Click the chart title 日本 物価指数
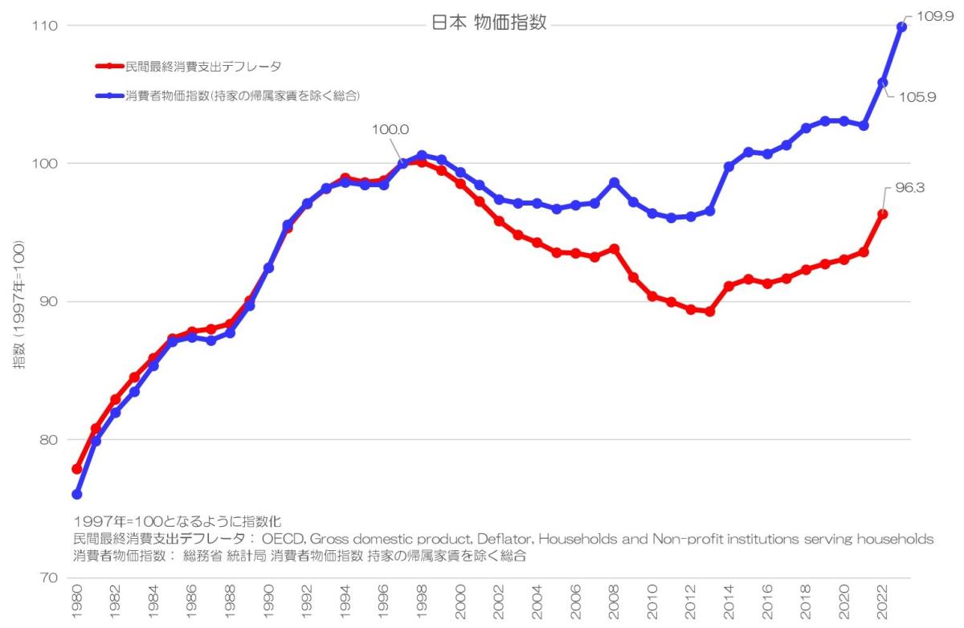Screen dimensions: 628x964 tap(489, 22)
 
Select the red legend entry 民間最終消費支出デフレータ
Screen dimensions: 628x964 tap(201, 66)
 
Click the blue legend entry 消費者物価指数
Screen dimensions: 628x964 tap(241, 96)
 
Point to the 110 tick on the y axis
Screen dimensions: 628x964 tap(45, 26)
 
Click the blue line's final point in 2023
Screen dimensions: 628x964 tap(902, 27)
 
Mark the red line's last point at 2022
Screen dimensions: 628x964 tap(883, 214)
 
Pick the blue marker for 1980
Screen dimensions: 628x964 tap(77, 494)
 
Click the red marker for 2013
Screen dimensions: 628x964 tap(710, 311)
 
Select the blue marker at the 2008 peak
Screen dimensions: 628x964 tap(615, 182)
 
